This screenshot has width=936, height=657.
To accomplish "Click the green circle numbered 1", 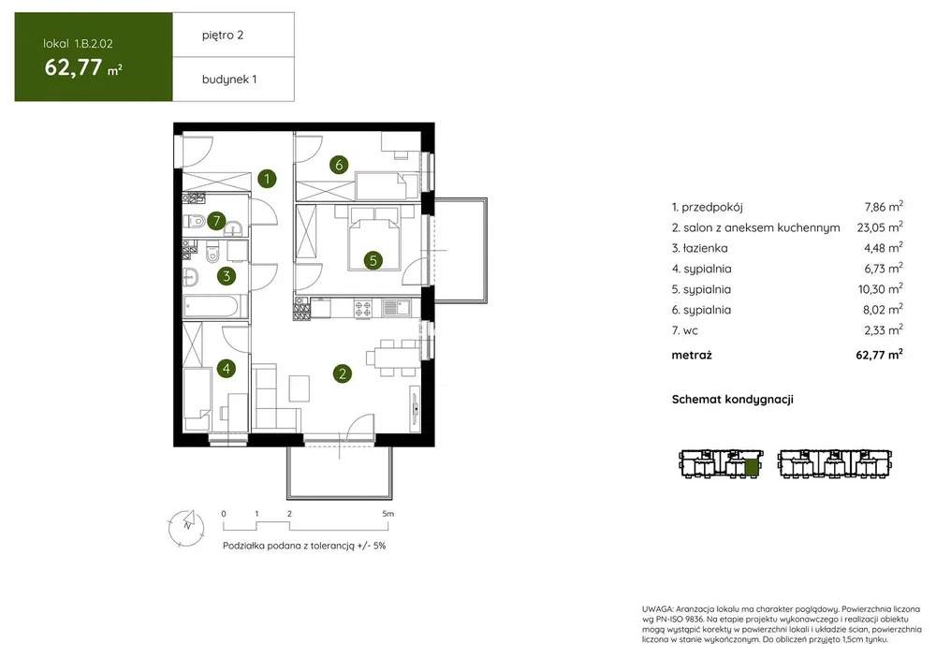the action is click(267, 179).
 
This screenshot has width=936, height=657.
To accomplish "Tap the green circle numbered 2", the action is click(342, 374).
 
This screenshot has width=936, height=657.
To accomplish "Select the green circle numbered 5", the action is click(373, 260).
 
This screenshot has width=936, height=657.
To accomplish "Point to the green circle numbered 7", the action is click(216, 221).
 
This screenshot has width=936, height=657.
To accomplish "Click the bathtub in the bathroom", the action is click(215, 305).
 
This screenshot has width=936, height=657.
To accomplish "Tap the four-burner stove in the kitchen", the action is click(363, 308).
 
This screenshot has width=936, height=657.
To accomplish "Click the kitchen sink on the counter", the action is click(396, 307).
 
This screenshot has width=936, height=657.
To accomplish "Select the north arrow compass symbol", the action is click(187, 528).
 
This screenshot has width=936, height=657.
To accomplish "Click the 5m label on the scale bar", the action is click(388, 513).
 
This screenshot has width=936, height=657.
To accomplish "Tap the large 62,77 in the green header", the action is click(73, 66).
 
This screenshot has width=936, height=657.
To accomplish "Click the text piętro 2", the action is click(223, 36).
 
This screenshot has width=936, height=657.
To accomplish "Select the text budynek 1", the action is click(229, 80).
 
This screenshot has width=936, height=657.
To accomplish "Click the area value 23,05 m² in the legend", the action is click(880, 226).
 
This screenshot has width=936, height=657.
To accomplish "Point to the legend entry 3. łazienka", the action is click(699, 248).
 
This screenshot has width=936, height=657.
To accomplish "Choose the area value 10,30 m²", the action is click(881, 289).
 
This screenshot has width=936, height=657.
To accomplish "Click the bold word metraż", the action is click(692, 355).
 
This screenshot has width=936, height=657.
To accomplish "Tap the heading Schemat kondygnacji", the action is click(733, 400).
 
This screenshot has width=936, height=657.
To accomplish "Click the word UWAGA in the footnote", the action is click(657, 609).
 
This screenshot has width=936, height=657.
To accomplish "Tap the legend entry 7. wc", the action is click(685, 330).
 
